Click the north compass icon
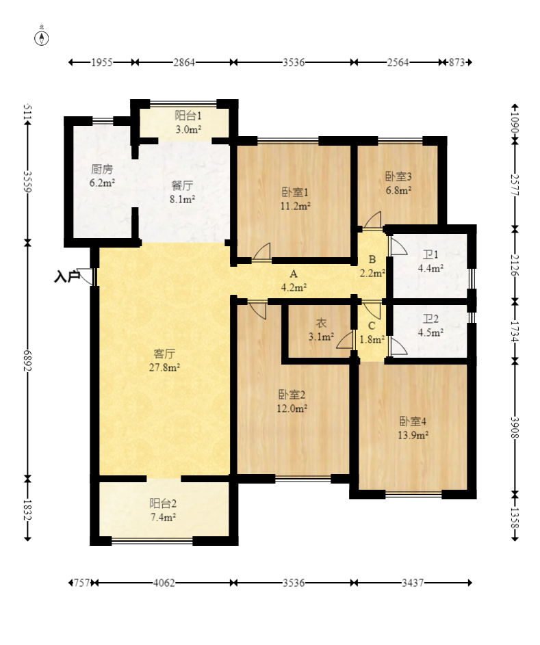pyautogui.click(x=42, y=37)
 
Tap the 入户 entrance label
pyautogui.click(x=66, y=277)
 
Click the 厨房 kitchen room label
pyautogui.click(x=102, y=169)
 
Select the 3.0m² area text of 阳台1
pyautogui.click(x=188, y=129)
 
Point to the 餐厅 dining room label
pyautogui.click(x=182, y=185)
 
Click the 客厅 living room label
pyautogui.click(x=164, y=354)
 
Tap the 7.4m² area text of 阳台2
pyautogui.click(x=164, y=517)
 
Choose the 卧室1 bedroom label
pyautogui.click(x=295, y=192)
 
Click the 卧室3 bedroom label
pyautogui.click(x=398, y=176)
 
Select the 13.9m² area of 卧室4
pyautogui.click(x=413, y=435)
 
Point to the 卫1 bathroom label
pyautogui.click(x=431, y=255)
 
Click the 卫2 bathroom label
pyautogui.click(x=431, y=319)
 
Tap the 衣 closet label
pyautogui.click(x=321, y=323)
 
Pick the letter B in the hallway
pyautogui.click(x=372, y=259)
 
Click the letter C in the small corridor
pyautogui.click(x=372, y=326)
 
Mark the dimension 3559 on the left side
pyautogui.click(x=27, y=181)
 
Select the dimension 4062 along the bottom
pyautogui.click(x=164, y=583)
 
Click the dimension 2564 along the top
pyautogui.click(x=398, y=62)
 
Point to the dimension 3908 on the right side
pyautogui.click(x=515, y=427)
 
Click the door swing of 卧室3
pyautogui.click(x=372, y=220)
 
